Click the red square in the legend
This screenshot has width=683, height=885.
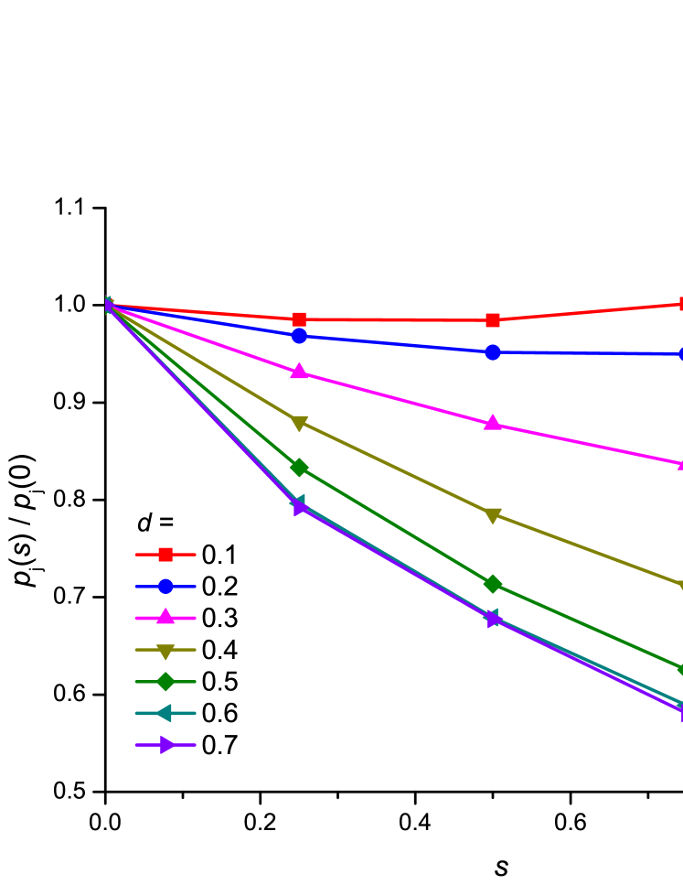click(165, 555)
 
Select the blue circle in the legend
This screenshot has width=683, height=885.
click(165, 586)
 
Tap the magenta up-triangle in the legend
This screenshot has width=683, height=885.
click(165, 617)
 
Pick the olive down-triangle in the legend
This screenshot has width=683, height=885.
click(165, 651)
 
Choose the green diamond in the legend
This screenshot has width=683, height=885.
click(165, 682)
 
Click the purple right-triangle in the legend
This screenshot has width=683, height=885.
click(167, 745)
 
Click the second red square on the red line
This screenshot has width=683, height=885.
click(299, 319)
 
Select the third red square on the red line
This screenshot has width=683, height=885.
click(493, 320)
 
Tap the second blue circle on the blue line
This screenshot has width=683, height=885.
click(299, 336)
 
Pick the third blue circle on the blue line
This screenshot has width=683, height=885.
click(493, 352)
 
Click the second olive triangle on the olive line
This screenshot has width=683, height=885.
click(299, 423)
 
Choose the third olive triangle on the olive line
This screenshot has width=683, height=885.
click(493, 515)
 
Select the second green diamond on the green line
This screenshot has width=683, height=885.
click(299, 467)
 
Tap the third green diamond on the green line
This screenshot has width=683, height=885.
click(493, 584)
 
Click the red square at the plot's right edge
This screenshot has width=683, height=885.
click(680, 304)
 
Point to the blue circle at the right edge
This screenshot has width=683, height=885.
click(680, 354)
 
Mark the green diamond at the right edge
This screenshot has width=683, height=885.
click(680, 669)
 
